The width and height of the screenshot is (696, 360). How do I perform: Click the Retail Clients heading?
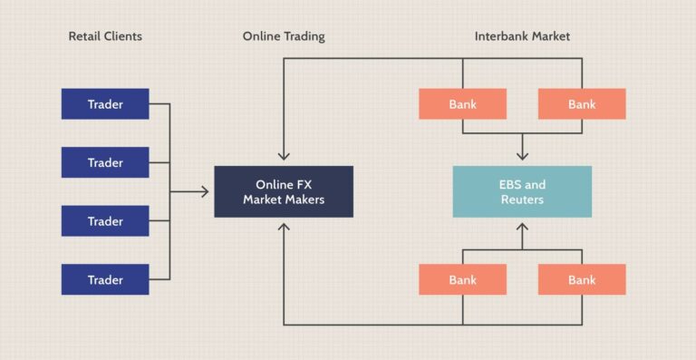click(105, 37)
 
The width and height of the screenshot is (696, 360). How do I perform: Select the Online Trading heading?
click(284, 37)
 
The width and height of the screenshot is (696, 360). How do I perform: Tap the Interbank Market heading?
click(522, 37)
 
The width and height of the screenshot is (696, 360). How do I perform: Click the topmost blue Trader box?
click(105, 104)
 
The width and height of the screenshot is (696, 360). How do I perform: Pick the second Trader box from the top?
click(105, 162)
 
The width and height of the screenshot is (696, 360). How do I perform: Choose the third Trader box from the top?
click(105, 220)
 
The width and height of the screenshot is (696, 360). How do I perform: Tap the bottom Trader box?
click(105, 279)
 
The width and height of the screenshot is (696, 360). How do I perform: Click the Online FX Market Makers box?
click(284, 191)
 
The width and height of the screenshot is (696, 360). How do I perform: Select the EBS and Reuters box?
click(522, 191)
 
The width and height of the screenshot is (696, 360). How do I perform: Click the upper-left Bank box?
click(462, 104)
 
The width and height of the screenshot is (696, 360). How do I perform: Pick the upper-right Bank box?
click(582, 104)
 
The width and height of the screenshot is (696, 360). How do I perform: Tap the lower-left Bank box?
click(462, 279)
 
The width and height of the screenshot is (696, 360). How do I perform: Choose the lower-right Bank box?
click(582, 279)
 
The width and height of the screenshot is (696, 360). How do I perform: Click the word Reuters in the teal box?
click(522, 199)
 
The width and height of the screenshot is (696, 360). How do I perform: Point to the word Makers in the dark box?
click(304, 199)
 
